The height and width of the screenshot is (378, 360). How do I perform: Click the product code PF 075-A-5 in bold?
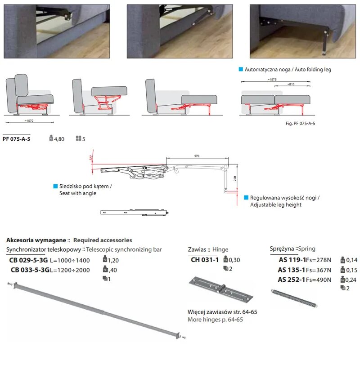16,139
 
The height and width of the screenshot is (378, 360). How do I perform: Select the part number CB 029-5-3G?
29,260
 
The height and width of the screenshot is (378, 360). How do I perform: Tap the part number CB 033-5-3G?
30,270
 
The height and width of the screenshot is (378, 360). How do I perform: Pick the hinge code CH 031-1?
205,259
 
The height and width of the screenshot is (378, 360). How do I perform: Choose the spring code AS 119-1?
292,260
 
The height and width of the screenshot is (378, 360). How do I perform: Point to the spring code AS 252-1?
292,280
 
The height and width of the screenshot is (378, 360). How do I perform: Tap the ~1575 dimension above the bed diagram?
272,80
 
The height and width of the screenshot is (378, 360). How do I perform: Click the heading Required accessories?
103,240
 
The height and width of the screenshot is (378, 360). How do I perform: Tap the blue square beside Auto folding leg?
241,69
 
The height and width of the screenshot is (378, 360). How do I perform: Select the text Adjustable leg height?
276,205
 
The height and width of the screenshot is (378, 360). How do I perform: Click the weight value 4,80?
59,139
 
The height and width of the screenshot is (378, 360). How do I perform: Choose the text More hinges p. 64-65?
215,320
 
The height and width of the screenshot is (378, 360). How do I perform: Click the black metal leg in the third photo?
324,42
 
